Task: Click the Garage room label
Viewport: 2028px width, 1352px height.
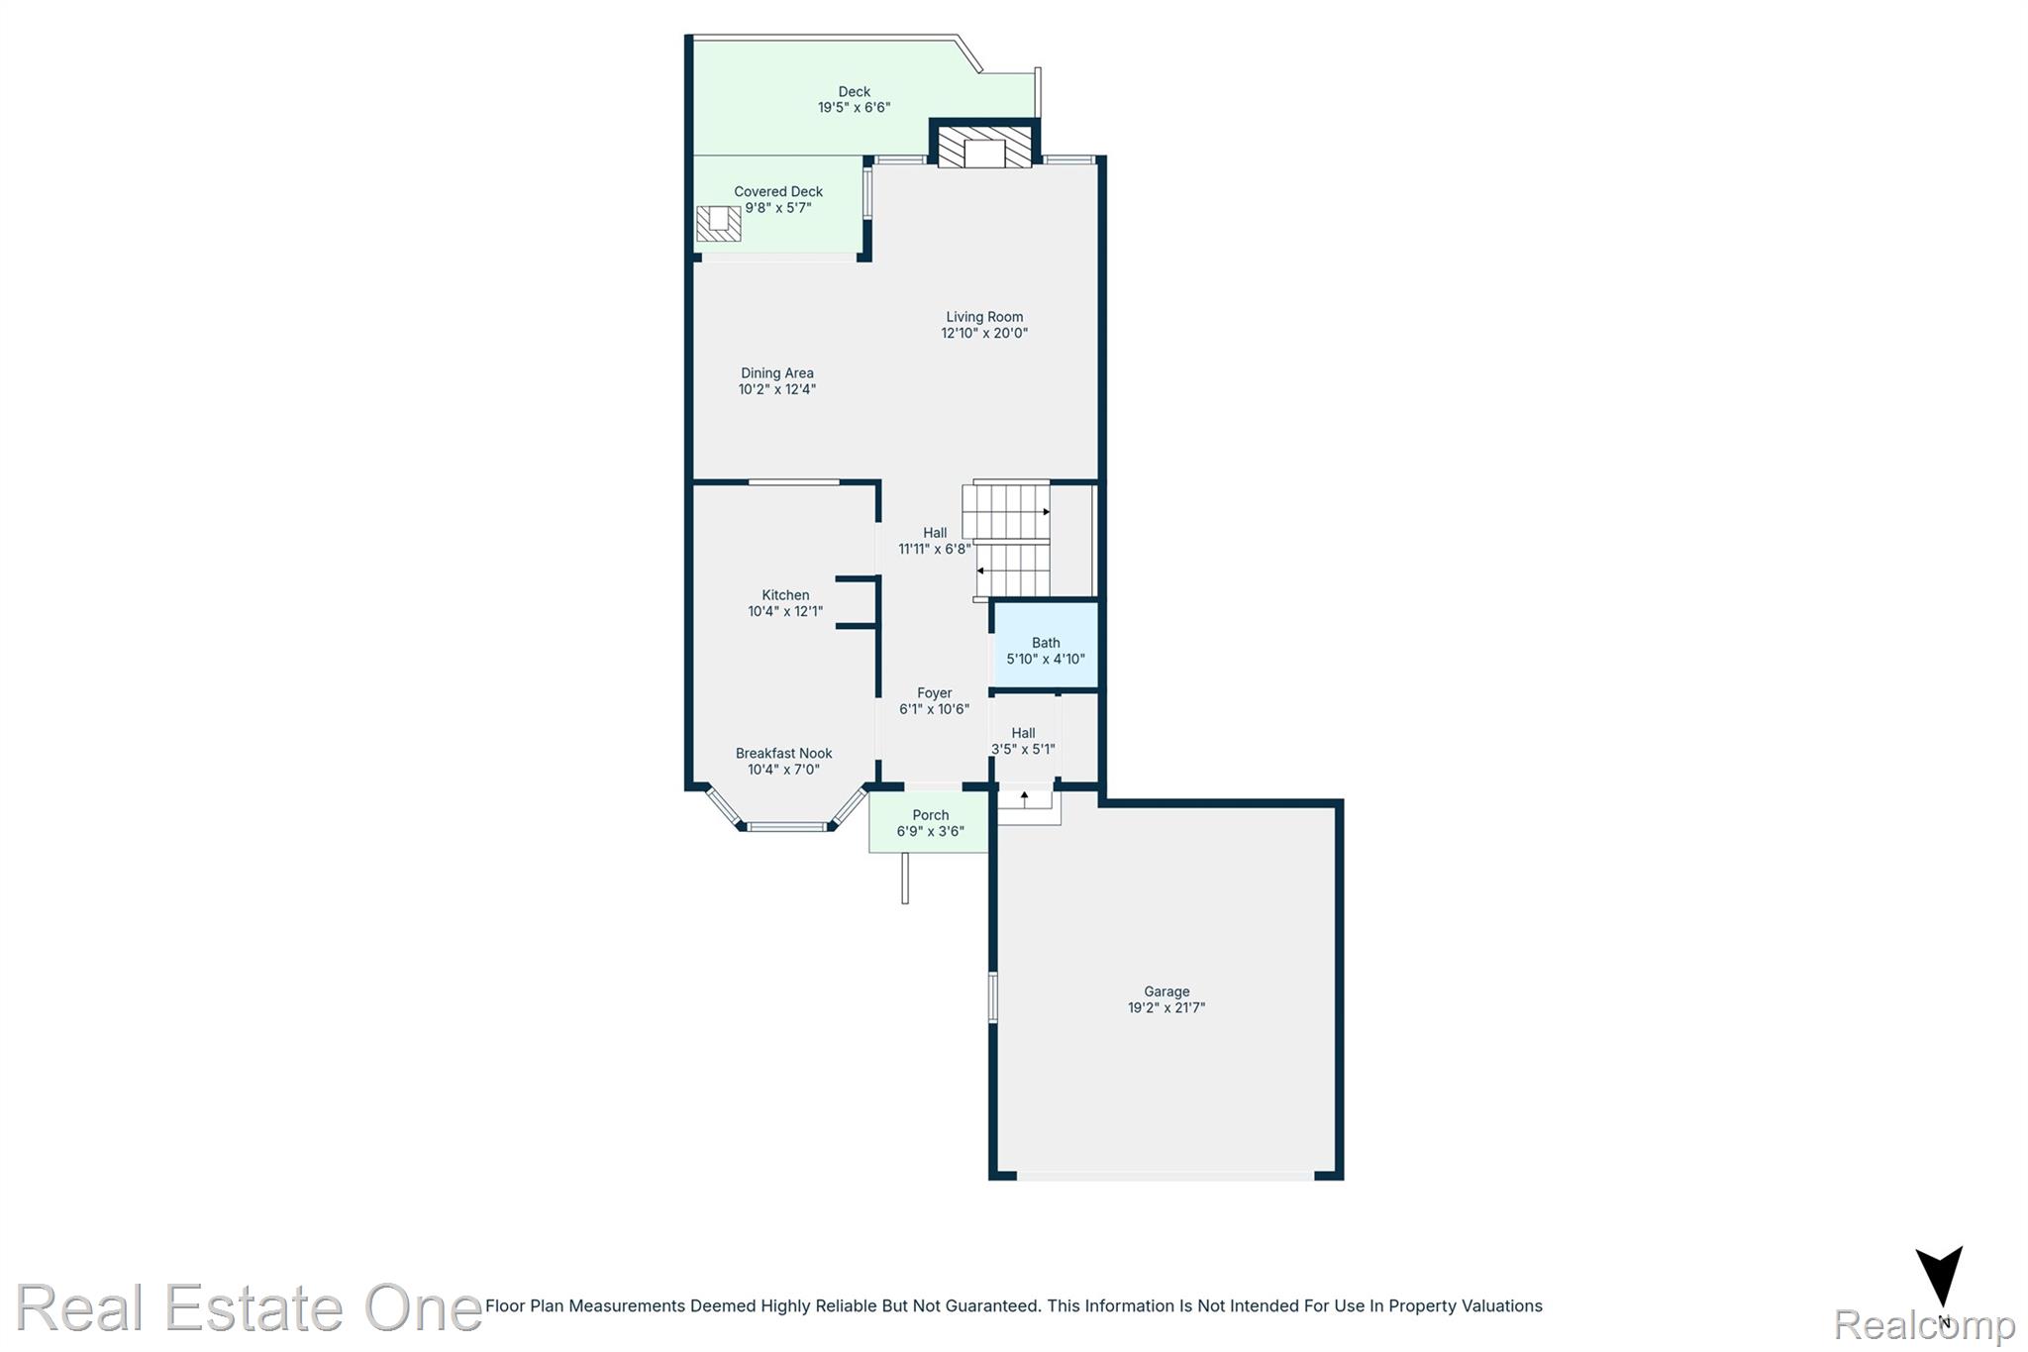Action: tap(1166, 991)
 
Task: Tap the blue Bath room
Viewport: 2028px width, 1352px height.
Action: tap(1046, 645)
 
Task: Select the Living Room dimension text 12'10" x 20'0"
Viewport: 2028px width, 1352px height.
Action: tap(984, 334)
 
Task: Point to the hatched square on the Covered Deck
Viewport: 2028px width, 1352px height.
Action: tap(718, 223)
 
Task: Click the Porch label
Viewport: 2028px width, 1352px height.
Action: tap(930, 815)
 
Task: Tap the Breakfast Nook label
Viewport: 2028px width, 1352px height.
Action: tap(783, 754)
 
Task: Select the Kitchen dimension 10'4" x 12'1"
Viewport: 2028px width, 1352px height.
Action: tap(785, 612)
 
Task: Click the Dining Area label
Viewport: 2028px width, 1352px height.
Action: tap(777, 373)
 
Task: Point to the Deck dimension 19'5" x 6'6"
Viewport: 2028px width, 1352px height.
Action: tap(854, 108)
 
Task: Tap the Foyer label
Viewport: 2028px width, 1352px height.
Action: tap(934, 693)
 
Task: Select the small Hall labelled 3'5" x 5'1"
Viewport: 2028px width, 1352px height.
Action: tap(1024, 742)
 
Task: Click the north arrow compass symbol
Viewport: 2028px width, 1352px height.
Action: tap(1938, 1279)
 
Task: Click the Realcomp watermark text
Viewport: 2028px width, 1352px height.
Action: tap(1924, 1324)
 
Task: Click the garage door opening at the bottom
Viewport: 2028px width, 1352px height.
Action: tap(1166, 1176)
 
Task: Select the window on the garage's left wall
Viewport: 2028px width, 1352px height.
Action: tap(993, 996)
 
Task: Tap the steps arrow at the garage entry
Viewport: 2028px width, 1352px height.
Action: tap(1024, 797)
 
